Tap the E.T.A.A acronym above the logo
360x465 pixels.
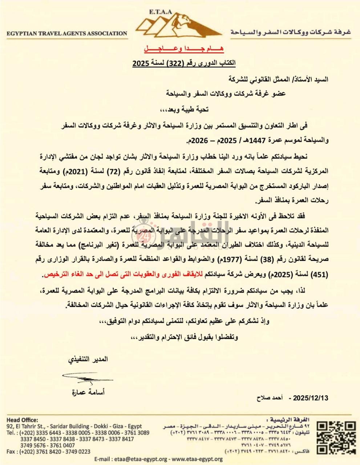point(161,11)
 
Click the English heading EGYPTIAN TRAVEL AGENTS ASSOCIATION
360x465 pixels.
point(67,33)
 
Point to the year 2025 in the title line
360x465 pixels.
point(139,64)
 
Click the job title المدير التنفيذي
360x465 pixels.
point(88,360)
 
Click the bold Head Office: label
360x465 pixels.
point(22,420)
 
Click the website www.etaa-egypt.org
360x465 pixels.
point(197,459)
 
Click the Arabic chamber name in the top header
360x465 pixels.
point(290,32)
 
